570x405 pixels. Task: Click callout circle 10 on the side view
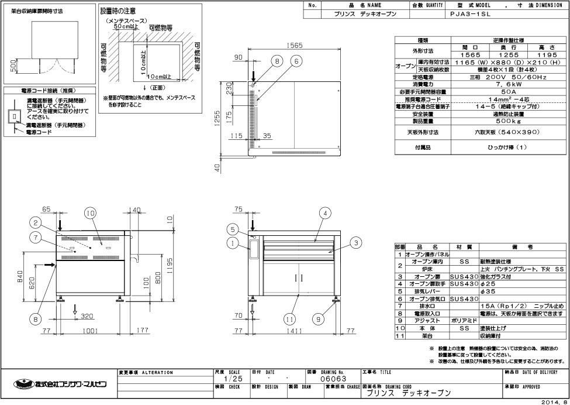[89, 214]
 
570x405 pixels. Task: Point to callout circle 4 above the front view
[324, 214]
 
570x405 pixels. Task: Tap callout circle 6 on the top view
[296, 61]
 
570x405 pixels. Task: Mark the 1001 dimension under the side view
[89, 331]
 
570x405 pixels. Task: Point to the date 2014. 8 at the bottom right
[554, 401]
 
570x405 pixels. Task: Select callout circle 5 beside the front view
[232, 229]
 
